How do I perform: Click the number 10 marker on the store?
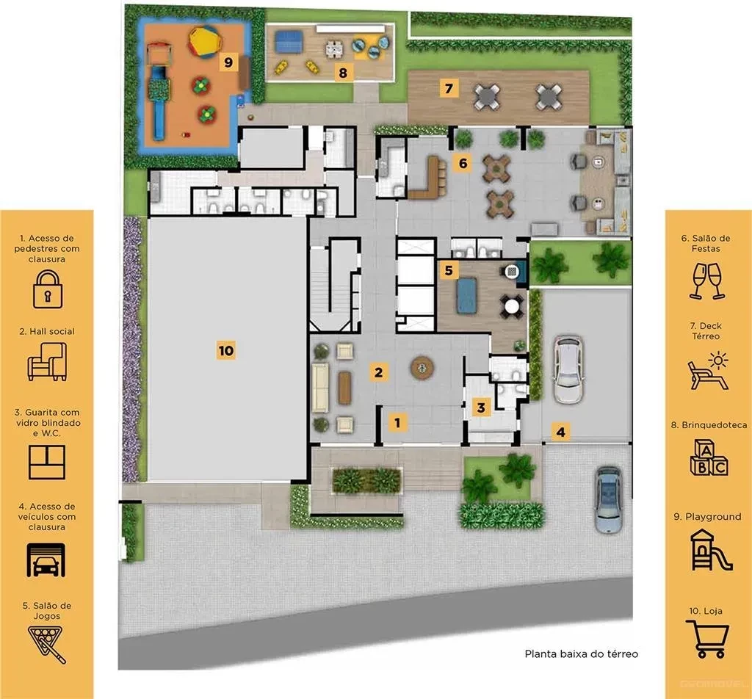point(226,350)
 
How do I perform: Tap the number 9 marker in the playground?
point(228,62)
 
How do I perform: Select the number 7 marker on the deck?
point(449,88)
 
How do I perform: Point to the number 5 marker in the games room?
point(449,270)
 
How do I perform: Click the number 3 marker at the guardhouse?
point(481,408)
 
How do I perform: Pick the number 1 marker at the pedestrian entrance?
point(397,423)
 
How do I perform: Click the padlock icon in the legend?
point(48,289)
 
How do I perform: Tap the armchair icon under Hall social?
point(47,361)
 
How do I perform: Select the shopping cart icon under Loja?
point(707,639)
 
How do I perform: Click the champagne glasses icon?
point(707,281)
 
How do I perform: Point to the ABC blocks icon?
point(709,458)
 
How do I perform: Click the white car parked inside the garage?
point(568,369)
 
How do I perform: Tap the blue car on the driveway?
point(609,500)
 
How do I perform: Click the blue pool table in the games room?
point(466,295)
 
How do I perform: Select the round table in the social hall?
point(422,368)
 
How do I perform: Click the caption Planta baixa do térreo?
point(582,654)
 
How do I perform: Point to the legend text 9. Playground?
point(707,517)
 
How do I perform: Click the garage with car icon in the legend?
point(46,560)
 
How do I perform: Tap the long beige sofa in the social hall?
point(320,388)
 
